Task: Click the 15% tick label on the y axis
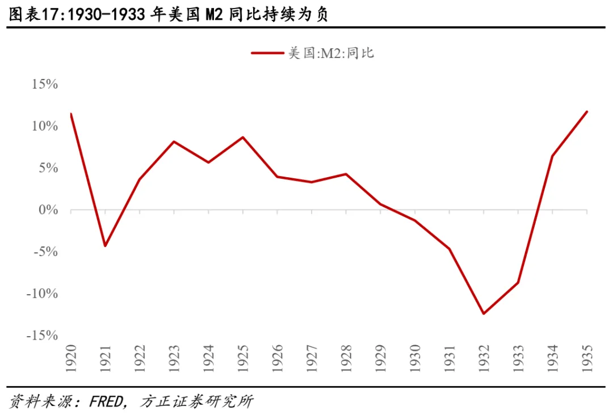[x=44, y=84]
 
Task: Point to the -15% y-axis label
[x=41, y=336]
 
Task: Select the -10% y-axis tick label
[x=41, y=294]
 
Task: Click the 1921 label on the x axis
[x=105, y=358]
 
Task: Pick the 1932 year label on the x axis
[x=484, y=358]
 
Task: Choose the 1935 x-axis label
[x=587, y=358]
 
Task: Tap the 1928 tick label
[x=346, y=358]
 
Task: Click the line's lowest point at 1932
[x=484, y=313]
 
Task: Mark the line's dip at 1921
[x=105, y=246]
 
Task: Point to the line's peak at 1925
[x=243, y=137]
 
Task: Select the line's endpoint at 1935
[x=587, y=112]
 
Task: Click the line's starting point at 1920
[x=71, y=114]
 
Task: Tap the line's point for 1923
[x=174, y=141]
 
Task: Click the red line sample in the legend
[x=267, y=53]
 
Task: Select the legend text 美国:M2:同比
[x=331, y=53]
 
